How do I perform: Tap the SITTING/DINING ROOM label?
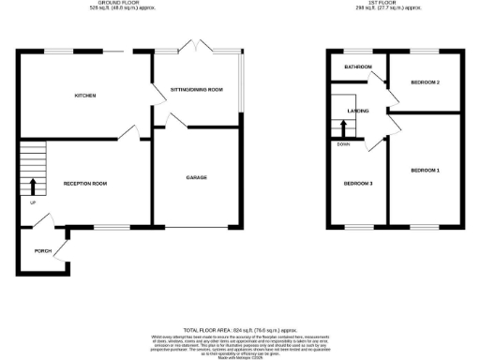point(196,90)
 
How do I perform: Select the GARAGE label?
point(196,177)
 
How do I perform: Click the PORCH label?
point(42,251)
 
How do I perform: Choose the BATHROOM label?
point(358,67)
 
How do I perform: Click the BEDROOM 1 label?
point(425,170)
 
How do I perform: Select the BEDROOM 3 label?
point(358,183)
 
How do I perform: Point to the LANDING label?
point(357,111)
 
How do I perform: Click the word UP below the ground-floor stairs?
point(34,202)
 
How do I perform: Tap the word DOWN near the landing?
point(343,143)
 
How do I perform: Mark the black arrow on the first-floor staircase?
point(343,127)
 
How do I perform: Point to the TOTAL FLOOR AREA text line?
point(240,329)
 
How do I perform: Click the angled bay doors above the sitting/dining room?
point(197,46)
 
